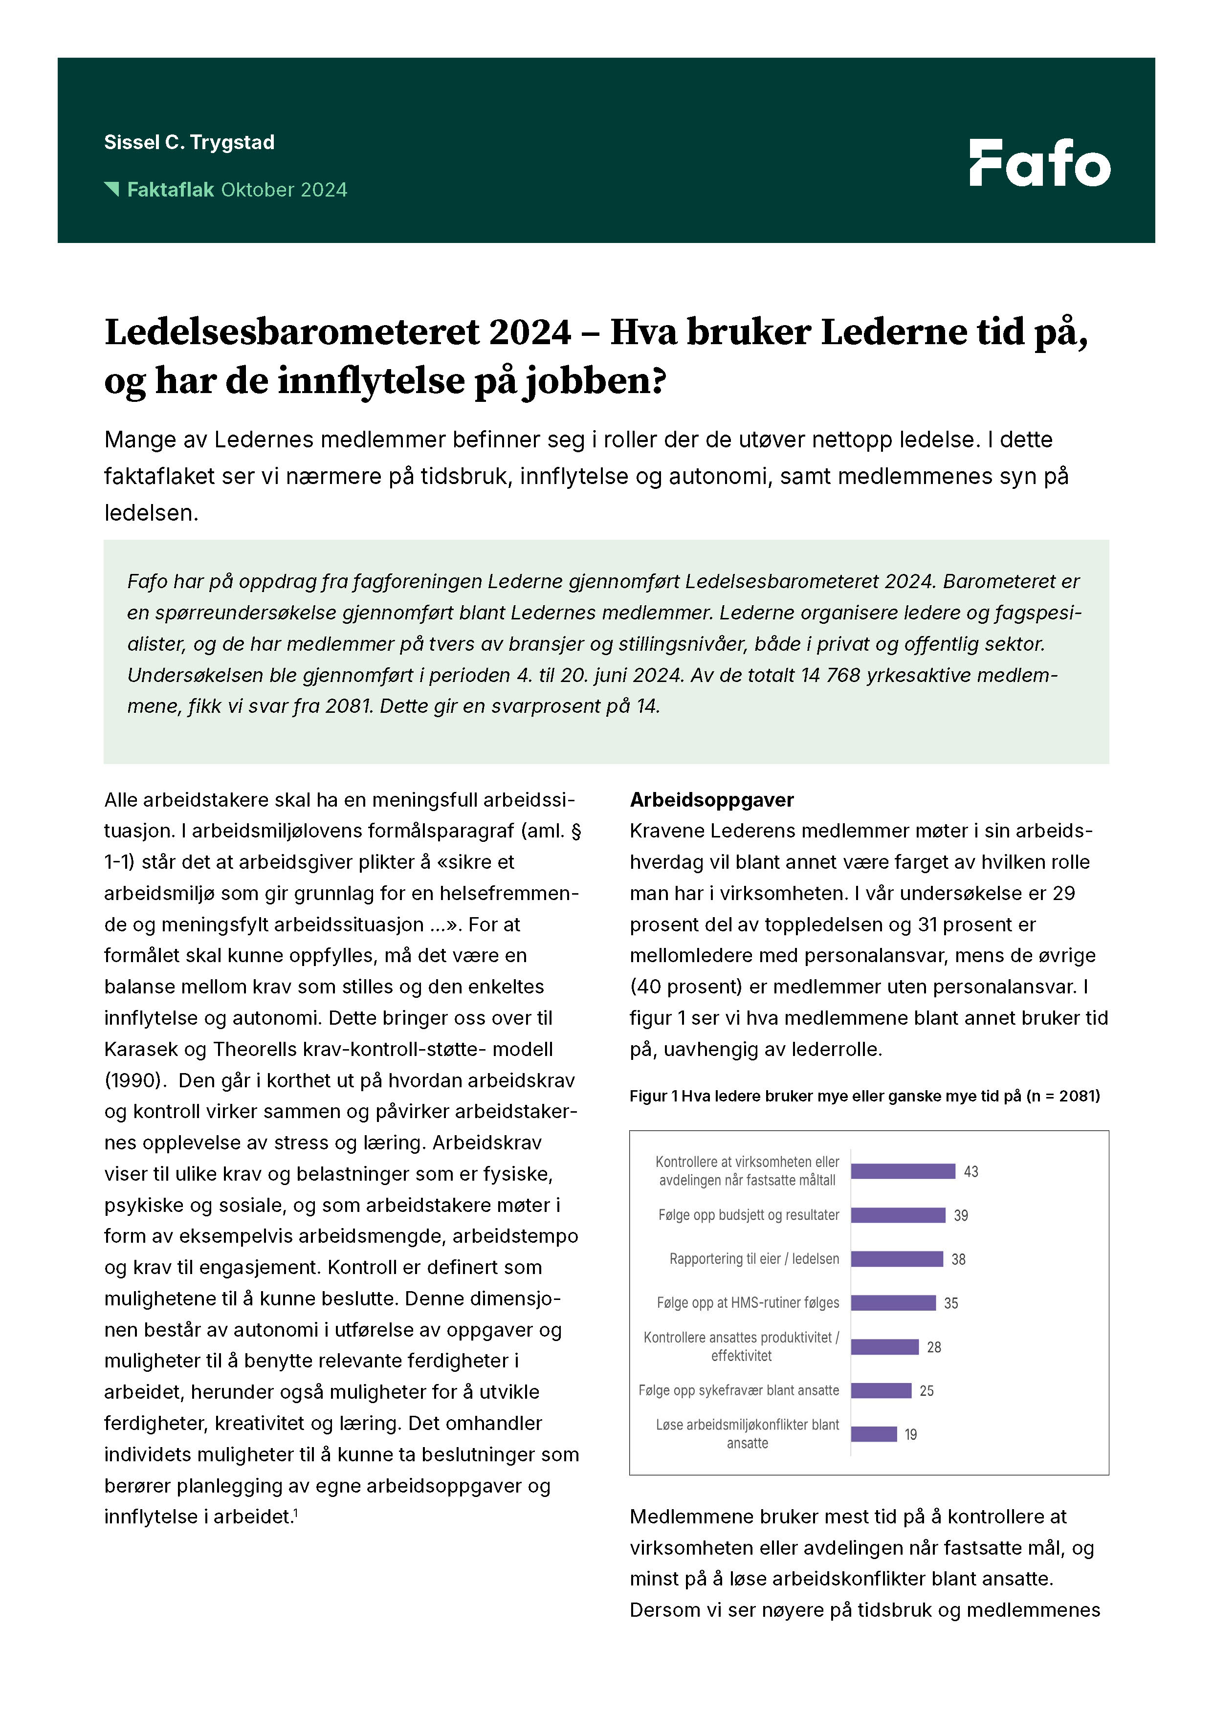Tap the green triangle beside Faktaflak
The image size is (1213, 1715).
click(112, 189)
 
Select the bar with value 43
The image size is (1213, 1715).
click(902, 1171)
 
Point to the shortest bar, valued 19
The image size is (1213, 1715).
click(873, 1434)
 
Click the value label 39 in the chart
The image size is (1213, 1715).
click(961, 1215)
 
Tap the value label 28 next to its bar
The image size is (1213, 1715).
click(934, 1347)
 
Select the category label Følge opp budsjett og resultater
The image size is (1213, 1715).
click(749, 1215)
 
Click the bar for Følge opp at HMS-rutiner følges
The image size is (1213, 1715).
click(893, 1303)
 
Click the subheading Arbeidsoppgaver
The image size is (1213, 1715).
click(711, 800)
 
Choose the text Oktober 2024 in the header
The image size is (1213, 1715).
click(284, 190)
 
